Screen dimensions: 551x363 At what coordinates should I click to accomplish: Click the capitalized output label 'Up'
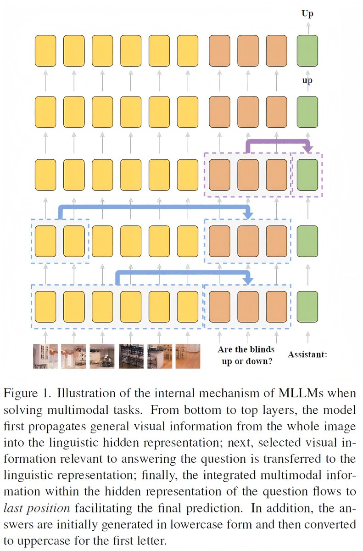point(307,13)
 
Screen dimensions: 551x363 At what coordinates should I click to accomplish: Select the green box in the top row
point(307,51)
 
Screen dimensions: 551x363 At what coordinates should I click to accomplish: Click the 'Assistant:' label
point(307,354)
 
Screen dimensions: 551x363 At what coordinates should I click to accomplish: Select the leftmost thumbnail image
point(45,356)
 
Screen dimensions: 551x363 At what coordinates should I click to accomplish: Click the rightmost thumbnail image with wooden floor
point(188,356)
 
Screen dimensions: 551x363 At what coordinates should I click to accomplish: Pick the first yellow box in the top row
point(45,51)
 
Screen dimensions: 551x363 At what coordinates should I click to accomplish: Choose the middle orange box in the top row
point(248,51)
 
